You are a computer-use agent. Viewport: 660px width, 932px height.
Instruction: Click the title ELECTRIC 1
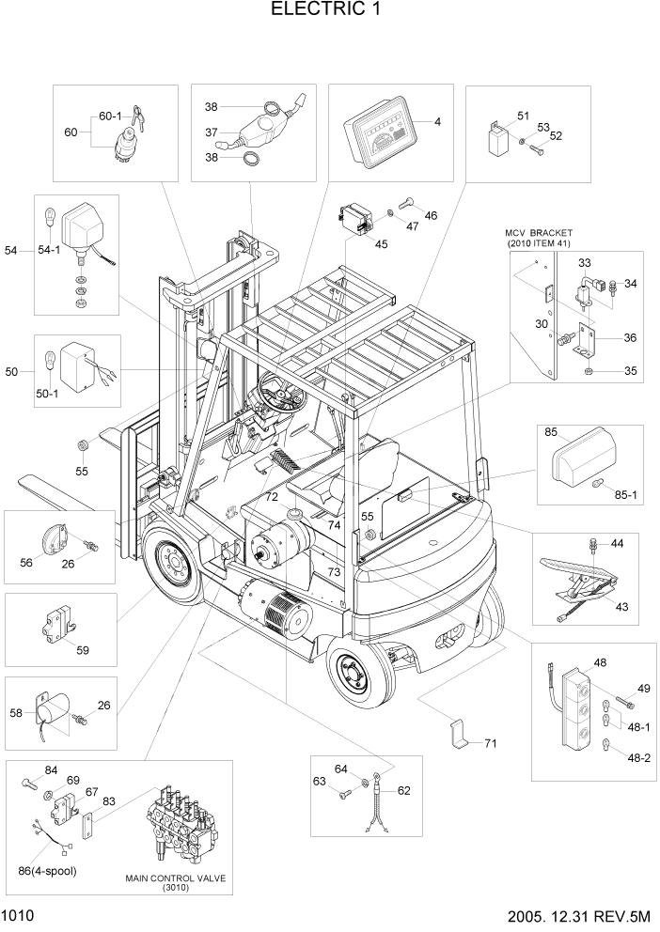[329, 10]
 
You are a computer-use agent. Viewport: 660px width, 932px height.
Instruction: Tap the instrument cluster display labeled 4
[382, 137]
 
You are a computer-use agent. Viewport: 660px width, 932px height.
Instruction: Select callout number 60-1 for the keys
[111, 117]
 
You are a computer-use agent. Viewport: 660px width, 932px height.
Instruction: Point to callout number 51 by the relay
[524, 116]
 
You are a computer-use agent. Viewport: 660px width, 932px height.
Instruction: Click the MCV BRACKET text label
[538, 232]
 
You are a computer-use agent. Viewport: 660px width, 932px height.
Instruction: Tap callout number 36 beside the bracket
[630, 338]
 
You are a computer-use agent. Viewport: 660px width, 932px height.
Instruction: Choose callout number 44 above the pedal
[617, 544]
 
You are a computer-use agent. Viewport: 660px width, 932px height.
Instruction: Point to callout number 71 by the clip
[490, 743]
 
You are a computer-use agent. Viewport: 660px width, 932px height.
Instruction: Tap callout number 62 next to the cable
[403, 790]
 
